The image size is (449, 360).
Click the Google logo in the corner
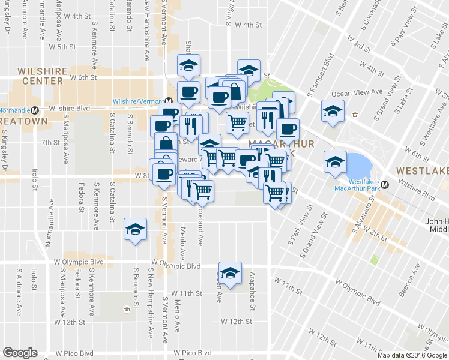[20, 353]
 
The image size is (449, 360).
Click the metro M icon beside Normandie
[35, 110]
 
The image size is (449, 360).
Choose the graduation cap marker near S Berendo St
[135, 229]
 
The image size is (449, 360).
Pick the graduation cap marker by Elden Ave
[228, 273]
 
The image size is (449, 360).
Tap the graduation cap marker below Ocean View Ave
[333, 112]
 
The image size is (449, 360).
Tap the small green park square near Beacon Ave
[375, 260]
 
